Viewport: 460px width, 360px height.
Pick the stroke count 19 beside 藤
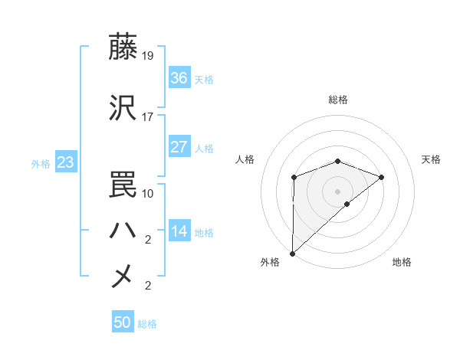point(148,56)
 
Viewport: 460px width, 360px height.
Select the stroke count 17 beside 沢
point(148,117)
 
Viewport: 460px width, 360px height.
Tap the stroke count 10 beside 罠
point(148,194)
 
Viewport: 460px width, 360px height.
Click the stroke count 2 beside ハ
point(148,240)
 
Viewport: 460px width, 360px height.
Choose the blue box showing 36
point(179,78)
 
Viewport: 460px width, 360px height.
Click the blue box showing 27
point(179,147)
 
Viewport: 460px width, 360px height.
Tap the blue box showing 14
point(179,231)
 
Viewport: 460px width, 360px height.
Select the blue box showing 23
point(65,162)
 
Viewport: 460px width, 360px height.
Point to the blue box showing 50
point(123,322)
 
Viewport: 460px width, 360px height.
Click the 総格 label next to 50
point(147,324)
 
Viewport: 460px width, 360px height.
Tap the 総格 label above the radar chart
point(338,100)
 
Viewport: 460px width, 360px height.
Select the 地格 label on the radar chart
point(402,263)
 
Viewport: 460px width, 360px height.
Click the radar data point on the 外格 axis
point(292,253)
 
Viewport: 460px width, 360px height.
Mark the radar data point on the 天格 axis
point(382,177)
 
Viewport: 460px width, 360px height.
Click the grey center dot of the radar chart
point(337,191)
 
